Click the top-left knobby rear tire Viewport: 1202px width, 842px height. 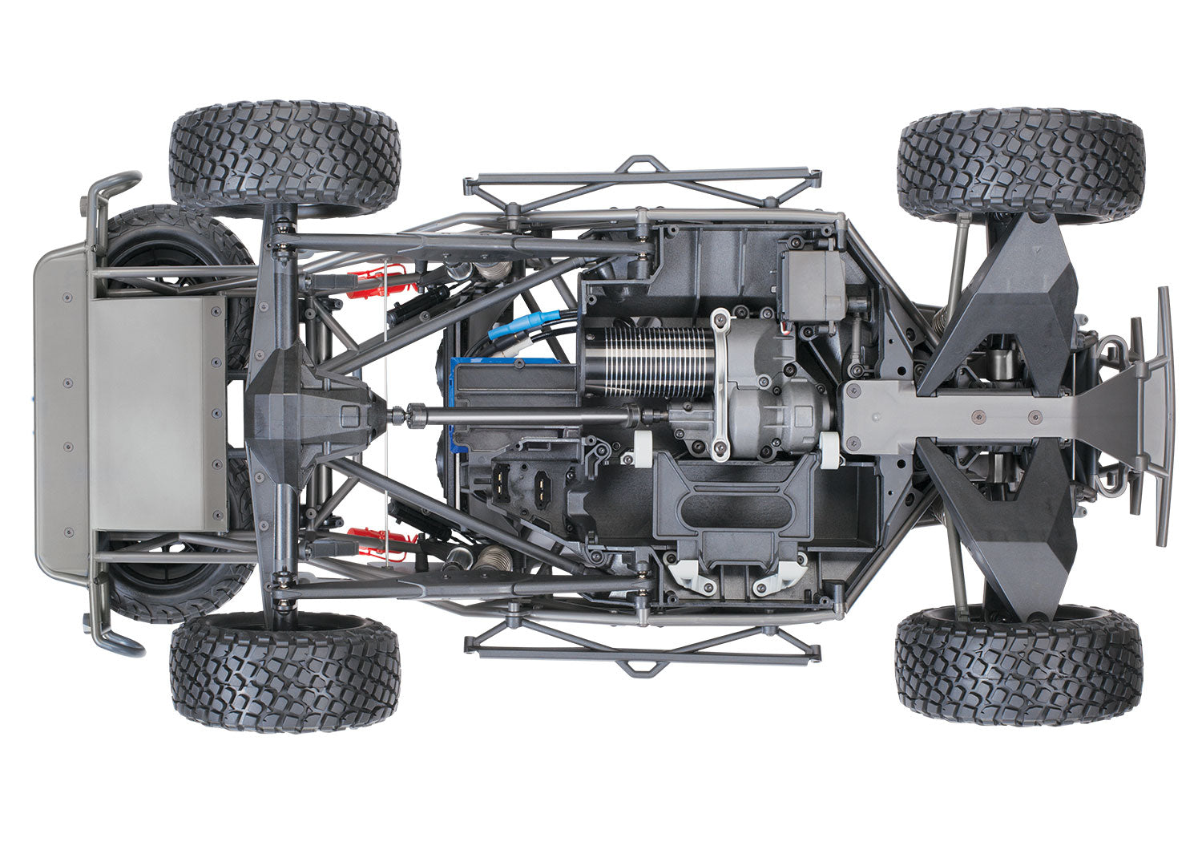click(284, 157)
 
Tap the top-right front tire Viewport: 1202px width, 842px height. click(1020, 164)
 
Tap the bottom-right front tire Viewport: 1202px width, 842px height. click(1018, 665)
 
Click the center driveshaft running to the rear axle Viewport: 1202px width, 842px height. click(521, 416)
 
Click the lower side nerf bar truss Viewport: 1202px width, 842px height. click(641, 646)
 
